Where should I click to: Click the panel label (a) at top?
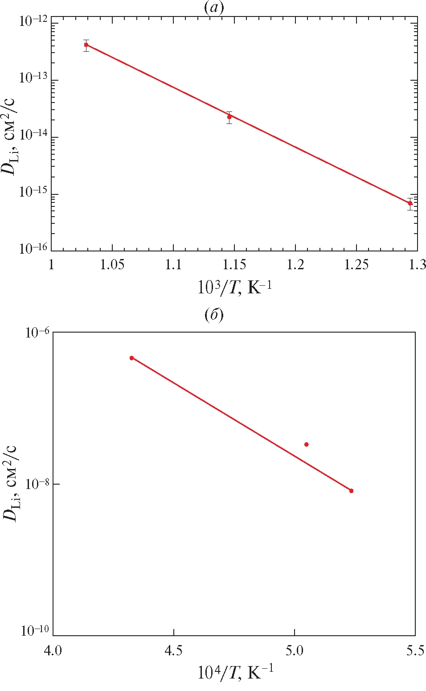tap(214, 8)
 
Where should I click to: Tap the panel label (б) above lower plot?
tap(214, 315)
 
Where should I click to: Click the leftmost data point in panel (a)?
tap(86, 45)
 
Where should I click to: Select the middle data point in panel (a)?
tap(229, 117)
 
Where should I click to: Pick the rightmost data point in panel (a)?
tap(410, 203)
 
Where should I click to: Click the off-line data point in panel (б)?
tap(306, 444)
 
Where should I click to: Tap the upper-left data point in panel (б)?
tap(131, 358)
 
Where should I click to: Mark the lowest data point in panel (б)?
tap(351, 491)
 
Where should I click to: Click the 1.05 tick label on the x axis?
tap(112, 264)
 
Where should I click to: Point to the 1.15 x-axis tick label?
tap(234, 264)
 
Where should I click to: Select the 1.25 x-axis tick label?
tap(356, 264)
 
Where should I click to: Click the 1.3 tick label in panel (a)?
tap(417, 264)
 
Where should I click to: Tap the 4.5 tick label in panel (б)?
tap(173, 651)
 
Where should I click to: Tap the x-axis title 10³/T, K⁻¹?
tap(234, 288)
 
